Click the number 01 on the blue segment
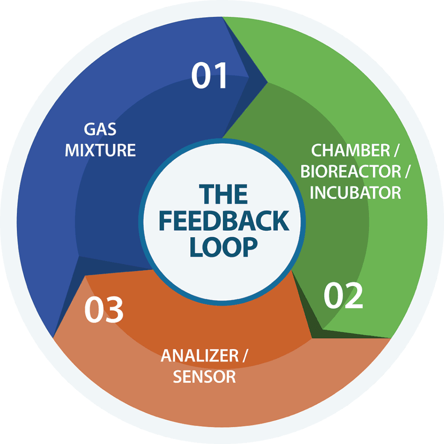point(209,76)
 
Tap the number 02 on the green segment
point(343,297)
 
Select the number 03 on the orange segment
point(104,310)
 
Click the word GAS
point(100,129)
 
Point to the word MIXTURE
point(100,150)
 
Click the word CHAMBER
point(345,150)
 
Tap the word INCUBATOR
point(356,193)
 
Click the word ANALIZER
point(199,356)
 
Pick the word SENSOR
point(204,376)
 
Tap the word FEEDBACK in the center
point(223,221)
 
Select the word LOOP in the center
point(223,247)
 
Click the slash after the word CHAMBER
point(396,150)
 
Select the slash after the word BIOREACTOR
point(408,171)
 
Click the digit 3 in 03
point(114,310)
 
